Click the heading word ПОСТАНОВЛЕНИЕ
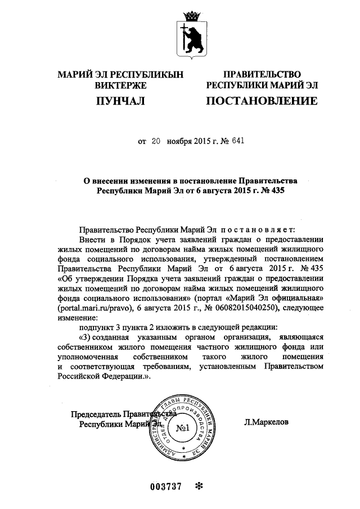click(x=261, y=101)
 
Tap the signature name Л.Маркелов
click(x=267, y=420)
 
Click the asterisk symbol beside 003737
click(x=197, y=487)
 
